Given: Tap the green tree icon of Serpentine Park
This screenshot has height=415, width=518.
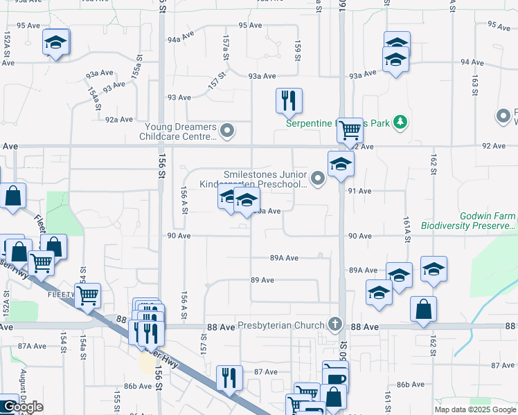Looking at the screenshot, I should (x=399, y=123).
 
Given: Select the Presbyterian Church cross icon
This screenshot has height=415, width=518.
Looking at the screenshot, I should (x=334, y=324).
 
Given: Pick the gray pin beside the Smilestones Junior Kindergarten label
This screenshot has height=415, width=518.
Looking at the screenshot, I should (x=318, y=179).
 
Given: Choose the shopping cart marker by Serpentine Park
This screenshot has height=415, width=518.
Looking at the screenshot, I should (x=350, y=129).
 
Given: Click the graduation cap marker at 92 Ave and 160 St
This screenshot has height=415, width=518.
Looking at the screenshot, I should (x=341, y=164).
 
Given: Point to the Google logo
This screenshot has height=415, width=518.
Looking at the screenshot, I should (x=23, y=407).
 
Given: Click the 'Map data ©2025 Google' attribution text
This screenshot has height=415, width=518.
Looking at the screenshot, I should (x=475, y=409).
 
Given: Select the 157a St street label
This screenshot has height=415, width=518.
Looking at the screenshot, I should (x=225, y=46).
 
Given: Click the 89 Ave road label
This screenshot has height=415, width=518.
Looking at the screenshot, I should (x=263, y=280).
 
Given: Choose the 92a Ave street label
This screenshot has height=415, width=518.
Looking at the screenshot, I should (x=118, y=119).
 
